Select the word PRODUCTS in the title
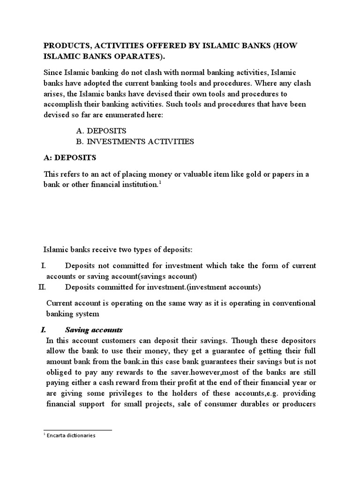pos(65,46)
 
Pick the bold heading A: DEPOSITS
pos(70,158)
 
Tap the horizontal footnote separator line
pos(78,430)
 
